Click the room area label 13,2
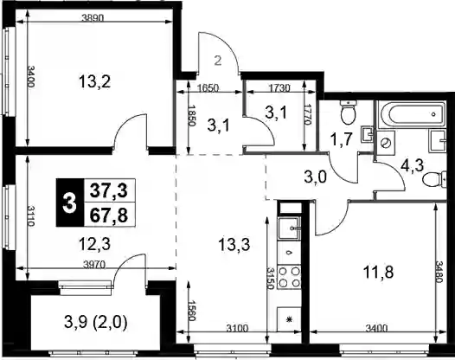[94, 82]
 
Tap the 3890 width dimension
[93, 18]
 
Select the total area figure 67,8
[109, 215]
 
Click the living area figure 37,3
[109, 190]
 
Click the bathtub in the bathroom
[411, 114]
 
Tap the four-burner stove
[289, 277]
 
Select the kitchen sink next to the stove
[289, 228]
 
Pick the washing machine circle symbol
[386, 143]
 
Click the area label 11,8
[378, 273]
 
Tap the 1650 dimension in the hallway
[208, 87]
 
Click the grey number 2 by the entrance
[218, 61]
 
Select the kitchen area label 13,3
[234, 244]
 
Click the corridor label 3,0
[316, 177]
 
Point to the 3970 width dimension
[94, 264]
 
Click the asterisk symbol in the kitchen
[289, 320]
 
